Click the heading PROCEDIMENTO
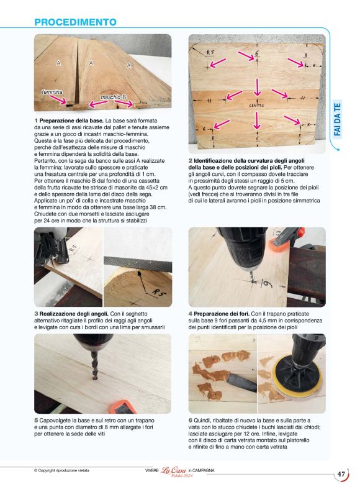pos(75,22)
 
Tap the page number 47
pos(341,474)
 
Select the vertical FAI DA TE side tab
pos(337,119)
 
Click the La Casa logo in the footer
pos(173,470)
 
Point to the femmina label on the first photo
pos(52,92)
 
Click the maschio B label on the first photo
pos(113,98)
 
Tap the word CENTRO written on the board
pos(256,106)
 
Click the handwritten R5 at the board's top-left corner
pos(210,52)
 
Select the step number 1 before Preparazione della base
pos(36,121)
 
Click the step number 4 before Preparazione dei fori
pos(191,314)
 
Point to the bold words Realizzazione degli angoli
pos(74,314)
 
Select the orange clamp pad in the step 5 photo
pos(124,406)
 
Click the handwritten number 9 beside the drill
pos(266,285)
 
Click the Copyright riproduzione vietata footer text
pos(61,470)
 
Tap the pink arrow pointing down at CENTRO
pos(257,87)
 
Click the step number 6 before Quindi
pos(191,421)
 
